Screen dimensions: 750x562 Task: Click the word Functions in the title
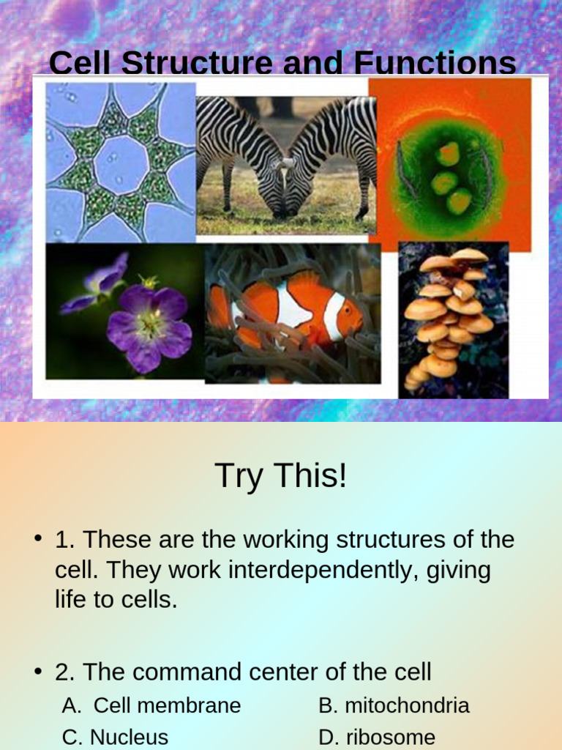tap(435, 64)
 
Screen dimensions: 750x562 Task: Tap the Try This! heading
tap(280, 476)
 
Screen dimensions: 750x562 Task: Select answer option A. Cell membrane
tap(151, 705)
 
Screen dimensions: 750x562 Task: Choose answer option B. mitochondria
tap(394, 705)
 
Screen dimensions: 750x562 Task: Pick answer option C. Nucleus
tap(115, 737)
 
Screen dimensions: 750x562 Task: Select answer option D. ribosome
tap(377, 737)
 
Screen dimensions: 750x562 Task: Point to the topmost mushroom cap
tap(468, 255)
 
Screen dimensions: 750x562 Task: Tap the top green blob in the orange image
tap(447, 153)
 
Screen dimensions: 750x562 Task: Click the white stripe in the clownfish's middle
tap(293, 306)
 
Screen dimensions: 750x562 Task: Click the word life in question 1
tap(72, 601)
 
